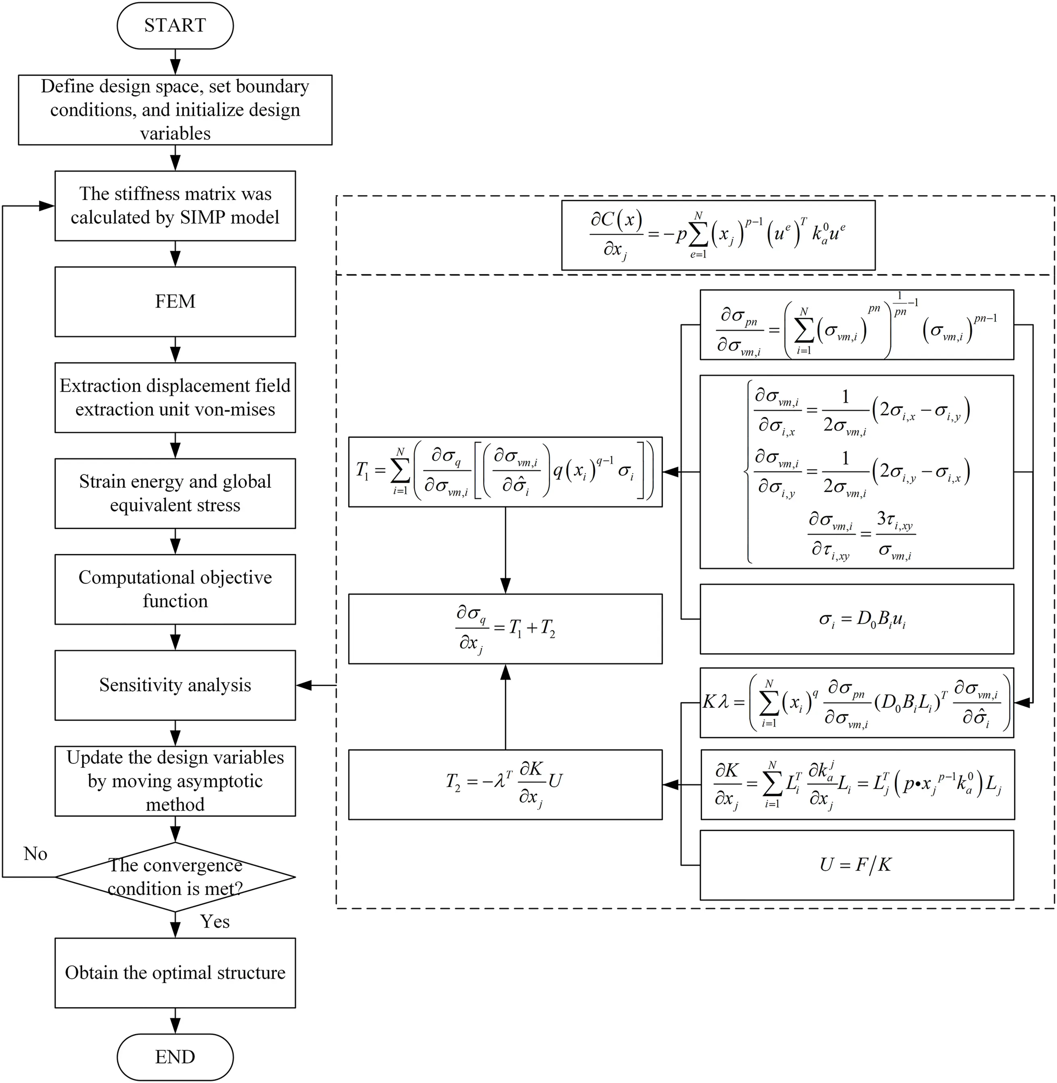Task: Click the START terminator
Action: click(x=175, y=25)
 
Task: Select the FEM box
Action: click(x=175, y=301)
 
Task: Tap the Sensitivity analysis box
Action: click(x=175, y=685)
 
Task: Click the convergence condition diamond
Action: click(x=175, y=877)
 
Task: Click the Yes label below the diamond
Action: click(x=215, y=922)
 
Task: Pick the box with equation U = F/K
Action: click(x=856, y=865)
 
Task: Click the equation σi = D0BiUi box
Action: click(x=856, y=619)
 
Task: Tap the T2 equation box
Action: click(x=505, y=784)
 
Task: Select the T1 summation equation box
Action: click(x=505, y=472)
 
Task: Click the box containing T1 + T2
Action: click(x=505, y=629)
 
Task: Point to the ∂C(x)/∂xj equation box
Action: click(x=718, y=235)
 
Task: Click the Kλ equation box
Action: click(x=856, y=702)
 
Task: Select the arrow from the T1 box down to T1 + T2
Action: click(x=505, y=549)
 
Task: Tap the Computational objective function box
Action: click(x=175, y=589)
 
